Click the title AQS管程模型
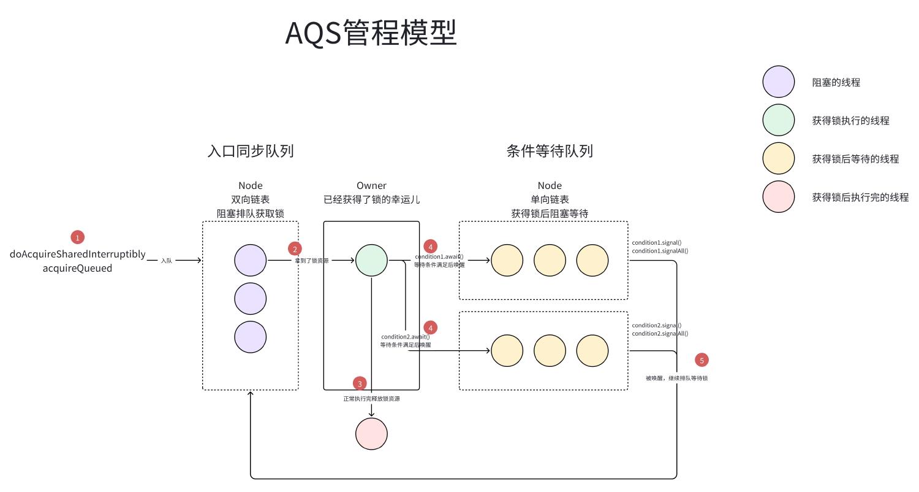[x=371, y=33]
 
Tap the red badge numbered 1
[x=77, y=237]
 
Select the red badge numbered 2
[x=295, y=249]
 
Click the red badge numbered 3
[x=360, y=384]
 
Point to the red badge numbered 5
[x=702, y=360]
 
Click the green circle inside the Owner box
[x=371, y=260]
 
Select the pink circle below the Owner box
[x=371, y=434]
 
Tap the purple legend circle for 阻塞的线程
[x=778, y=82]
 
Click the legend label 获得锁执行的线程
[x=850, y=121]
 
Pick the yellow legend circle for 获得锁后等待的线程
[x=778, y=159]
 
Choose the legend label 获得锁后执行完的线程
[x=860, y=198]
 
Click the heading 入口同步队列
[x=251, y=151]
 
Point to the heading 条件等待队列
[x=550, y=151]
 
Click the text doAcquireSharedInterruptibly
[x=78, y=254]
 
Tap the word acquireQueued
[x=78, y=268]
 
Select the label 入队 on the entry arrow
[x=166, y=261]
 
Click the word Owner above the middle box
[x=371, y=185]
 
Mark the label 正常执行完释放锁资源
[x=371, y=399]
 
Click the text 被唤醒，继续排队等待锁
[x=676, y=379]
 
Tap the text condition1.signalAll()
[x=660, y=251]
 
